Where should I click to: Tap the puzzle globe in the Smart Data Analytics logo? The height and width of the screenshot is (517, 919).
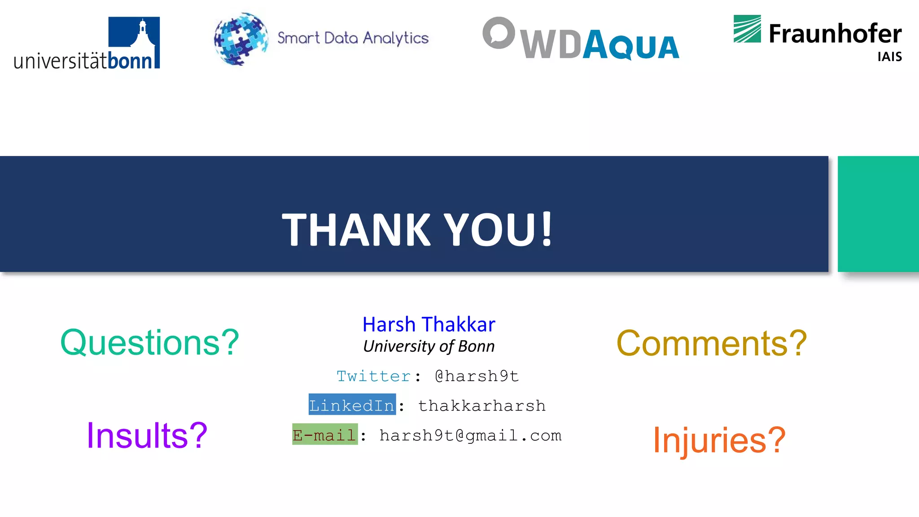pos(241,39)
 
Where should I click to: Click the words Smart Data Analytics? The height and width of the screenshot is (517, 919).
pos(353,38)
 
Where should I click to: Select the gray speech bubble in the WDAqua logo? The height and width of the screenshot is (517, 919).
pos(499,33)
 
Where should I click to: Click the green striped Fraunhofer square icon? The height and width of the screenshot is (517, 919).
pos(747,29)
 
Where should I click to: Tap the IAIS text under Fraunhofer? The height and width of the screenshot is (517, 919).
pos(889,57)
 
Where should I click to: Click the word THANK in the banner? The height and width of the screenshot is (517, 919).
pos(356,229)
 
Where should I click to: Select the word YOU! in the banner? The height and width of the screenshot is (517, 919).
pos(498,229)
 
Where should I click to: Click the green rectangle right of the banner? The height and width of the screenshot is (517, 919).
pos(878,214)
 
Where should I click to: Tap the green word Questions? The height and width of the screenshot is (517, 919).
pos(149,342)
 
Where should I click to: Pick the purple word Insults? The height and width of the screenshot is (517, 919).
pos(147,435)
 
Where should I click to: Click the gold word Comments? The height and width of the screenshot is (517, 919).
pos(712,343)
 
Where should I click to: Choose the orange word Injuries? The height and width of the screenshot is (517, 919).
pos(719,440)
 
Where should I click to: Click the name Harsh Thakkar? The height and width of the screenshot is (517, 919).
pos(429,324)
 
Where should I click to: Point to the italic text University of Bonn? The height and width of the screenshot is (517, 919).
pos(429,346)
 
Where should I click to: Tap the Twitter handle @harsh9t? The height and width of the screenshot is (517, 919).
pos(477,376)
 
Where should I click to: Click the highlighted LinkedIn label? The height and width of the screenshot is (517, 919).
pos(352,405)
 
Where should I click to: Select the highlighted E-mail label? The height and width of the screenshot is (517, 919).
pos(325,434)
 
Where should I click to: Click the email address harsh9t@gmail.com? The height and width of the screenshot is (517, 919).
pos(470,435)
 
